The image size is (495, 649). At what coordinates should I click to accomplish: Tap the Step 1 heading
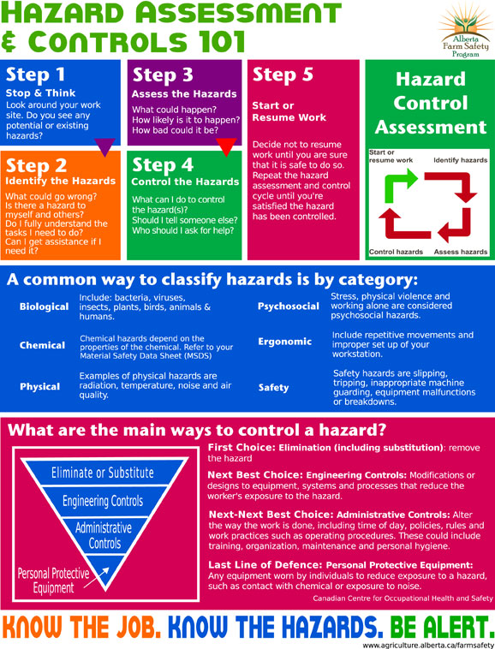coord(36,74)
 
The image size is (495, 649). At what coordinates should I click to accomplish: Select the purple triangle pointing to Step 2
coord(104,147)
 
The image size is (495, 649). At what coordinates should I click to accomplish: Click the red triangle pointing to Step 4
coord(226,147)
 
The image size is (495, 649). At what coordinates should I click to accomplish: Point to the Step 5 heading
coord(283,74)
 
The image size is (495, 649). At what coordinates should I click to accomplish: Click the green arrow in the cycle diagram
coord(399,185)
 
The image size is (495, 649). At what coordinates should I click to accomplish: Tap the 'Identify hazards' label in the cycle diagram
coord(460,160)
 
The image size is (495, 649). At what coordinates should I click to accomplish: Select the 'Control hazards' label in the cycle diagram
coord(396,252)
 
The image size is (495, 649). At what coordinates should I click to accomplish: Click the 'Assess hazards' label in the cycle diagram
coord(461,252)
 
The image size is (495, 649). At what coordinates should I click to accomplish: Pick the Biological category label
coord(44,307)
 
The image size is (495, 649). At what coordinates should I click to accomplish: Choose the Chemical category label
coord(42,345)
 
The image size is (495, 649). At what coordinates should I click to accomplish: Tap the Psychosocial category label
coord(289,307)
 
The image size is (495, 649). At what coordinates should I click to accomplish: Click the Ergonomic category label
coord(284,342)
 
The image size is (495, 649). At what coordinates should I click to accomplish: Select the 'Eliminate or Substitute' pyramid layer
coord(103,473)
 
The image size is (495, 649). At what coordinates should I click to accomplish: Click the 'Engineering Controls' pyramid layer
coord(103,501)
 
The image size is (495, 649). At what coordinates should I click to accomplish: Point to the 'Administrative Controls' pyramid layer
coord(104,536)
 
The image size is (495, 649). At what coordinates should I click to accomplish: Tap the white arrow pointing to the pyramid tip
coord(96,577)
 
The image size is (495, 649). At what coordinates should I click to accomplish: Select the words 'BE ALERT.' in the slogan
coord(441,628)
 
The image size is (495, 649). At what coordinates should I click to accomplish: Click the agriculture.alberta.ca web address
coord(428,645)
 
